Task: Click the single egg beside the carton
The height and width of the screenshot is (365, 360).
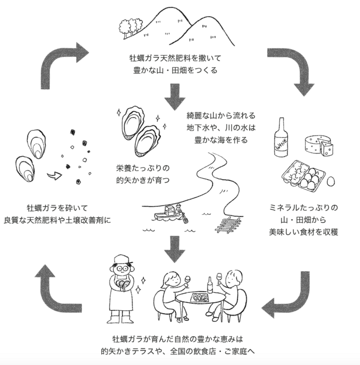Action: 331,182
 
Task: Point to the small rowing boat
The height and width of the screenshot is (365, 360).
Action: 169,214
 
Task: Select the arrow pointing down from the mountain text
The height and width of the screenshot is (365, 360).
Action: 175,96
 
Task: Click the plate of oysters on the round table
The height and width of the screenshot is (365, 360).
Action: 200,297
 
